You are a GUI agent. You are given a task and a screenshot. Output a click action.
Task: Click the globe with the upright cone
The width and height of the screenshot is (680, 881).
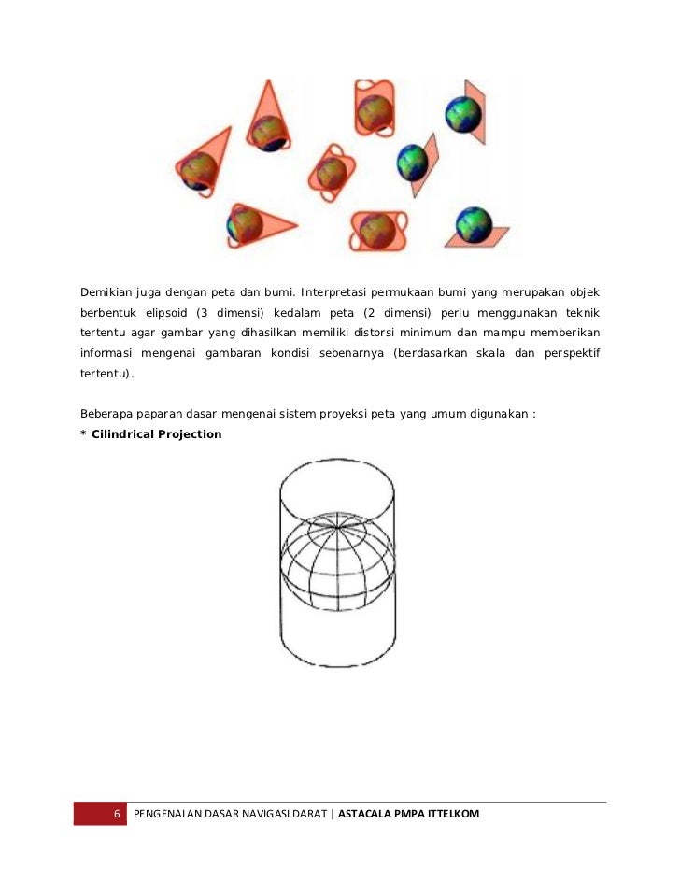(x=268, y=132)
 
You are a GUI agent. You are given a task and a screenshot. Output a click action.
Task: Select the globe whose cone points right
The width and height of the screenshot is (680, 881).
(x=246, y=222)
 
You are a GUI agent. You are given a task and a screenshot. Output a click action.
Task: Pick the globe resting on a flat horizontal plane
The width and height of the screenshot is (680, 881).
(x=474, y=224)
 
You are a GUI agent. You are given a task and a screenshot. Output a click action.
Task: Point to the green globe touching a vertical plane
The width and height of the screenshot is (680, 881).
(x=462, y=114)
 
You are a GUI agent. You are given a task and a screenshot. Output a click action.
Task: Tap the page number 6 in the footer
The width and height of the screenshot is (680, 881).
(x=117, y=814)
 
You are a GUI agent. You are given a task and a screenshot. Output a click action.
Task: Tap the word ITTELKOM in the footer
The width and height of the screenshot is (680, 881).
(x=451, y=814)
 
